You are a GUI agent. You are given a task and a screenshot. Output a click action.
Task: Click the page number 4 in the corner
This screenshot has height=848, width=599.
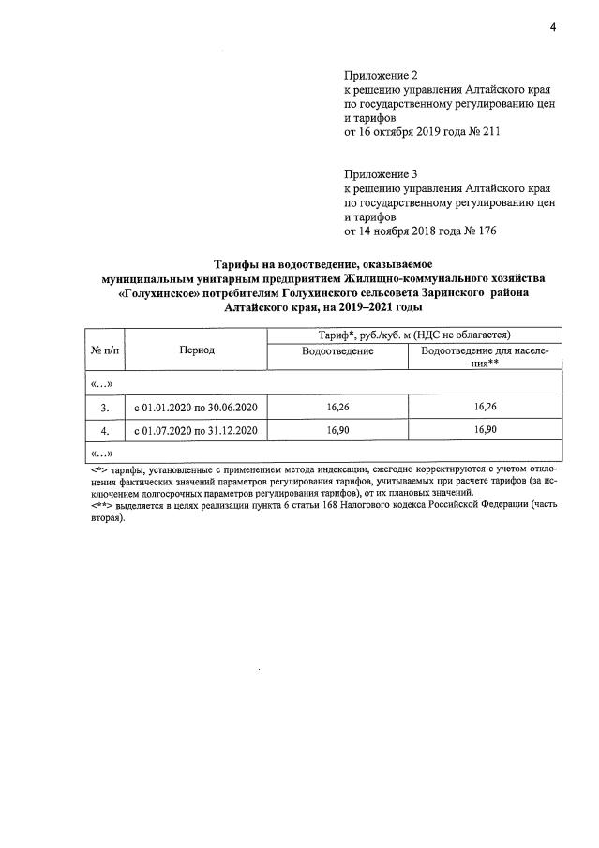553,28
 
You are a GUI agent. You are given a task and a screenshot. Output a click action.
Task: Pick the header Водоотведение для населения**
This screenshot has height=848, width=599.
484,356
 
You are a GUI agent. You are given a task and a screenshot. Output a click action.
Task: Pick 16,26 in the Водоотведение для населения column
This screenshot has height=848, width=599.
484,408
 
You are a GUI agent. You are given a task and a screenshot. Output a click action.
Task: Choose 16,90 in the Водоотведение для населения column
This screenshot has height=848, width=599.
484,431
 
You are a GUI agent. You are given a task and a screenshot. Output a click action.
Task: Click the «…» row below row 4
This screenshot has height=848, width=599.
101,454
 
